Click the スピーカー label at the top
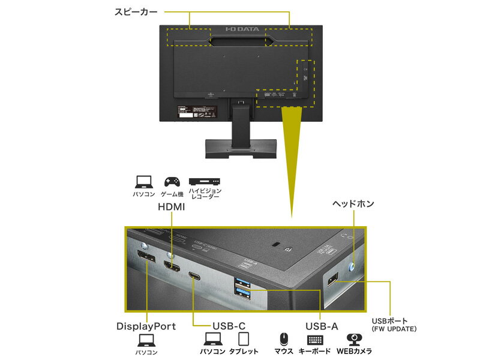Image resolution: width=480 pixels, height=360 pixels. tap(136, 11)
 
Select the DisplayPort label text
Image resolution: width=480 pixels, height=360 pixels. tap(146, 327)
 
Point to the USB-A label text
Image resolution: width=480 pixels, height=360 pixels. tap(321, 327)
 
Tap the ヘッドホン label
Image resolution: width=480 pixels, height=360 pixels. tap(353, 204)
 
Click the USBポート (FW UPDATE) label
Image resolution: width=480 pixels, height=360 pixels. tap(394, 325)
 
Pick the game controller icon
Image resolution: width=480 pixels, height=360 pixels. tap(172, 181)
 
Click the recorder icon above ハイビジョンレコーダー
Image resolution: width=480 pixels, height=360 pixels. tap(204, 181)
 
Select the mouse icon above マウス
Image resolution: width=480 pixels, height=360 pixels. tap(284, 340)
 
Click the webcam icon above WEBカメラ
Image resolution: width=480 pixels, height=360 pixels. tap(353, 339)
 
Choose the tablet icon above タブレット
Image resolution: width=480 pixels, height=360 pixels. tap(243, 339)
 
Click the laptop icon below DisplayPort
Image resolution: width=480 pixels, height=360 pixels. tap(146, 341)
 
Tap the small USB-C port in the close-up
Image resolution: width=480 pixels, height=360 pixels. tap(195, 276)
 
